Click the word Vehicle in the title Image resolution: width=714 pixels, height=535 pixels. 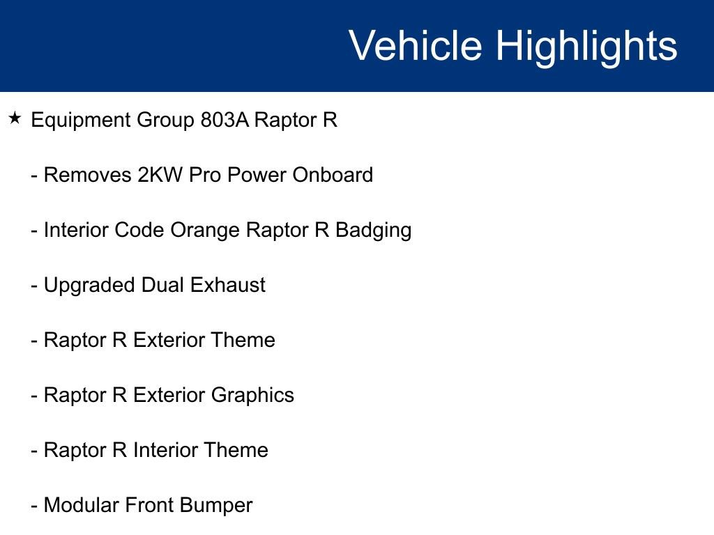(x=415, y=46)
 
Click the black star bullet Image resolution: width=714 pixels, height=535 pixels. (x=15, y=118)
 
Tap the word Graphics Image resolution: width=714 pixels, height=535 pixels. (x=252, y=396)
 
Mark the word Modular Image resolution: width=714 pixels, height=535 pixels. (x=81, y=505)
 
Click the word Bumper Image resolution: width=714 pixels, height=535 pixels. (x=216, y=506)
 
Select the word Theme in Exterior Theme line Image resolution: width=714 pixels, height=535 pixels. (x=243, y=340)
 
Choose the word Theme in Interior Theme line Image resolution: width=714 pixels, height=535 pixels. (x=236, y=450)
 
